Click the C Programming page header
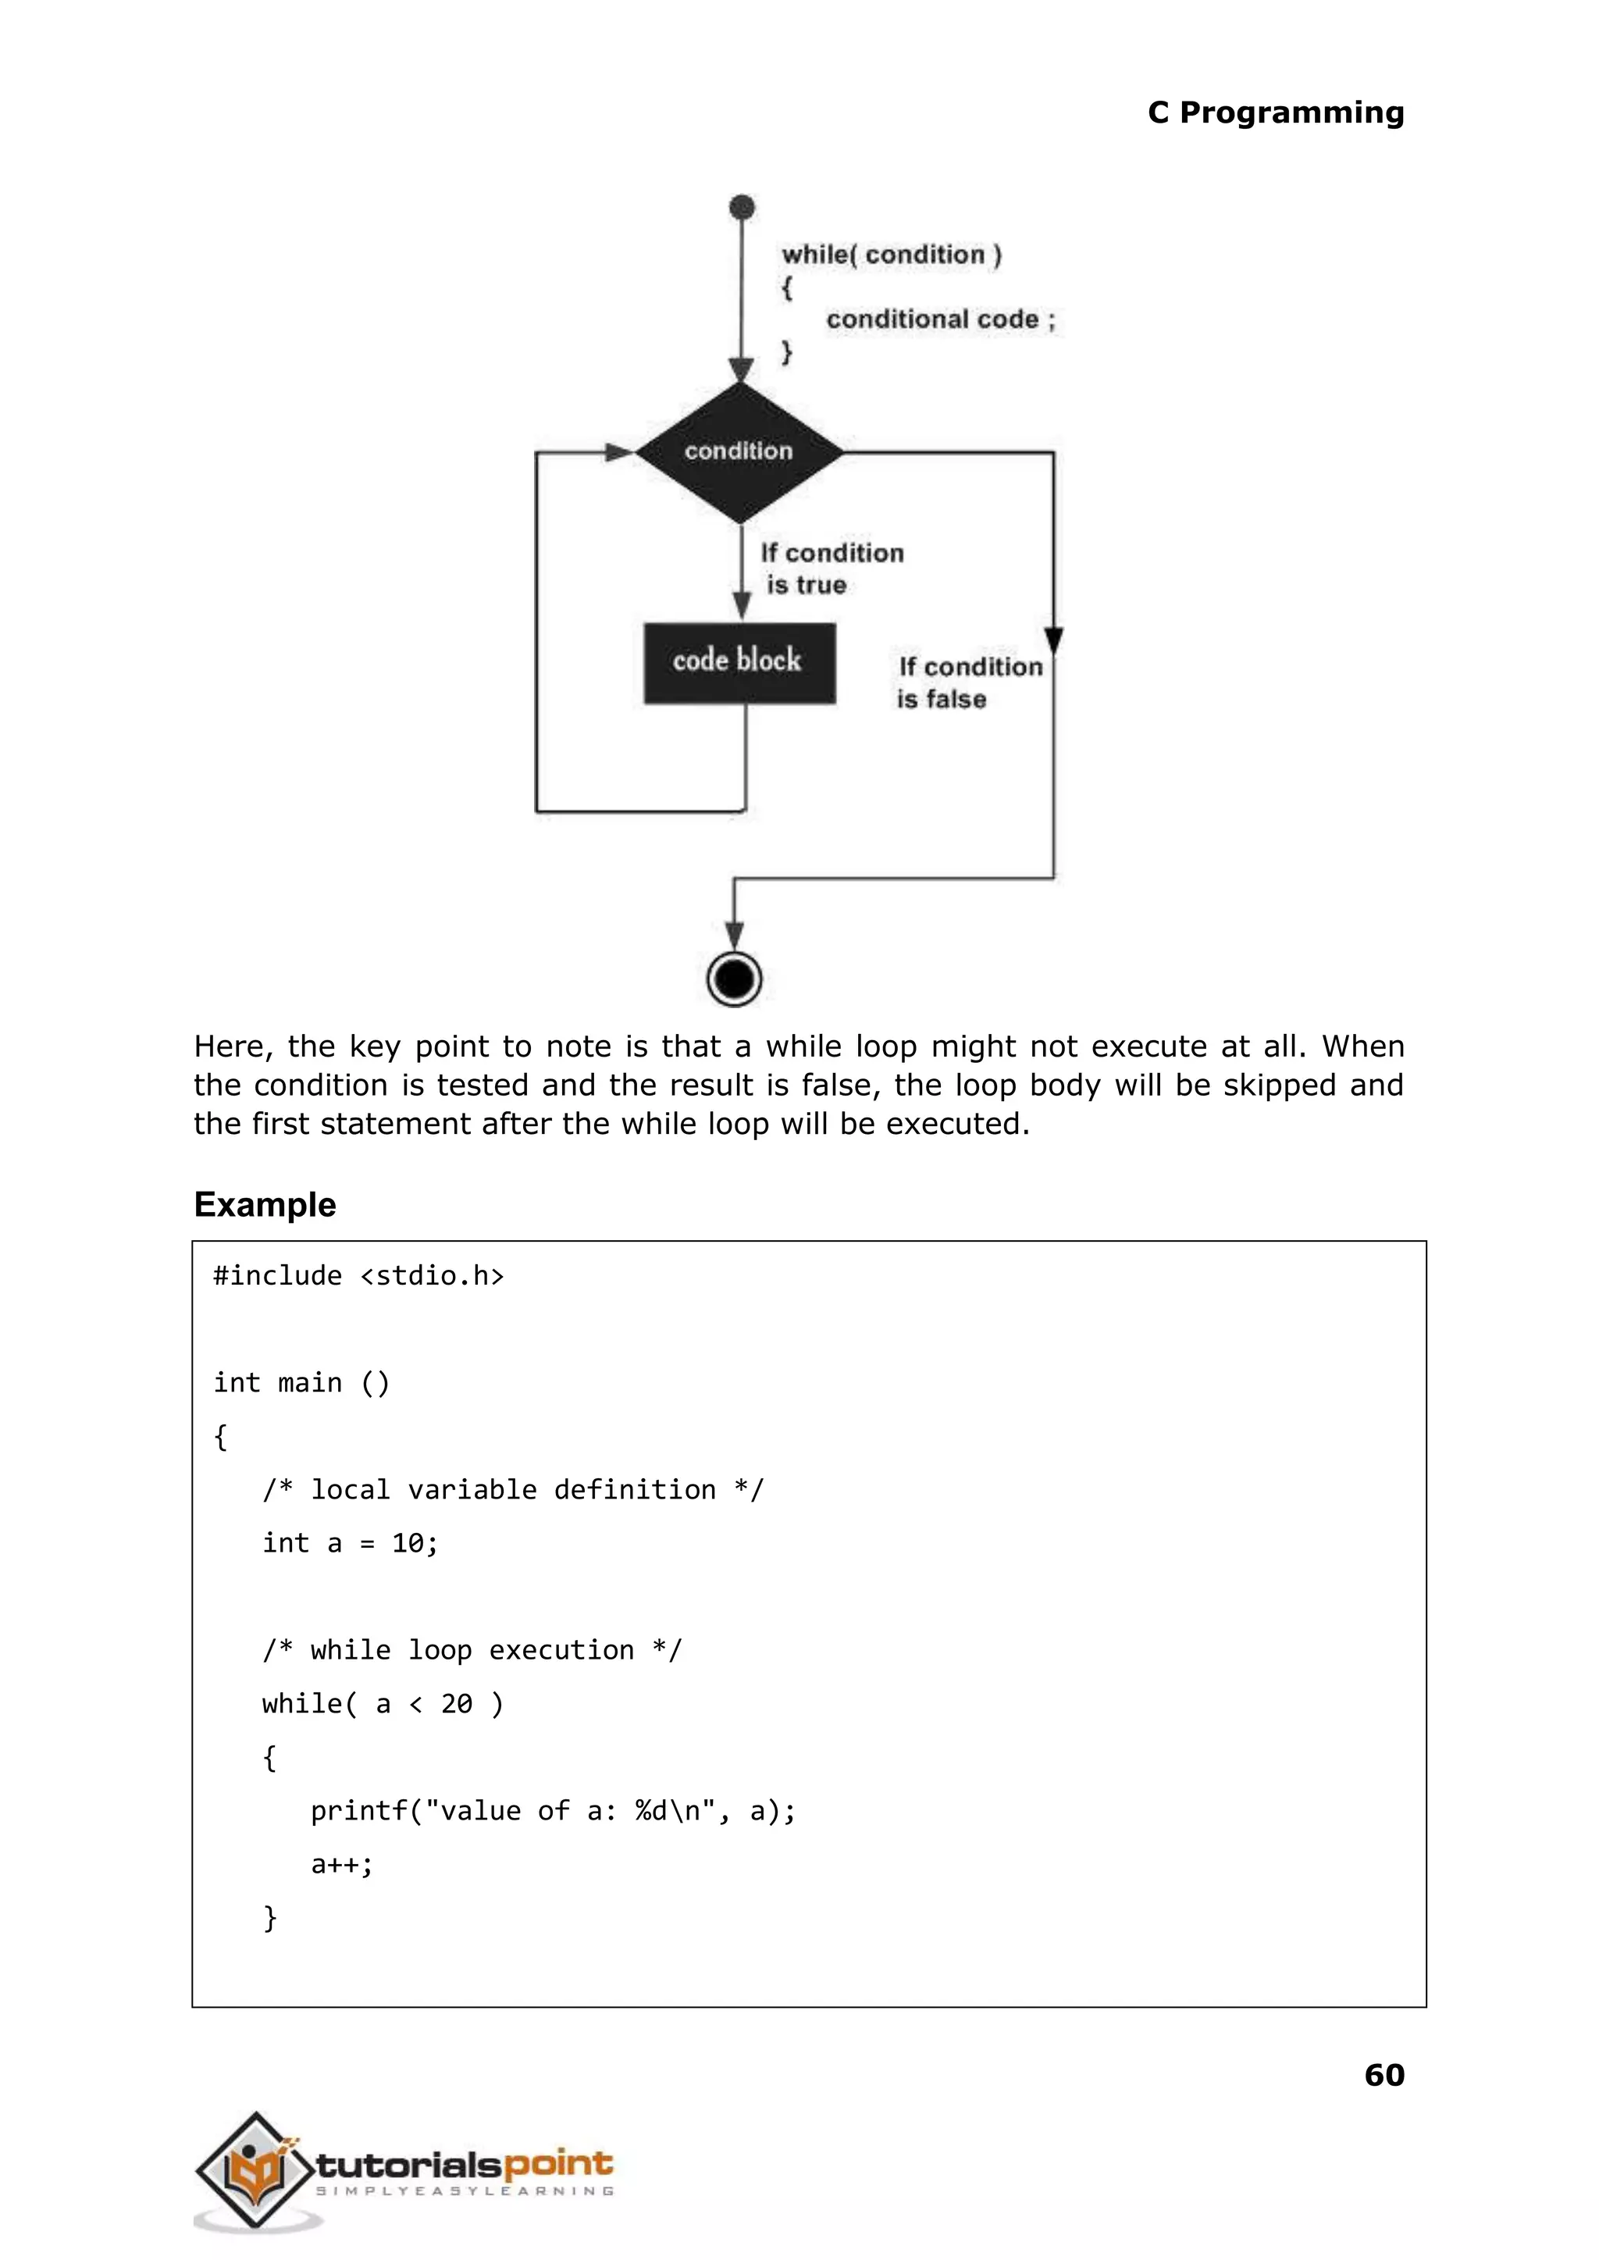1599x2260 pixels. coord(1275,112)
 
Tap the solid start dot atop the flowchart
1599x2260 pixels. coord(742,207)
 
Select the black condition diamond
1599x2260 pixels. coord(739,452)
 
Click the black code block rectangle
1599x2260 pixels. coord(739,661)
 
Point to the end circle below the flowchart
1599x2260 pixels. coord(735,979)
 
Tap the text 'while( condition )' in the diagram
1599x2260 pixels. coord(891,255)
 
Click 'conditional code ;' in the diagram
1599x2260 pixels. coord(939,319)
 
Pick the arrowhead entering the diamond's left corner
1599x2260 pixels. coord(619,452)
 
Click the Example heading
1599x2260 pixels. coord(265,1204)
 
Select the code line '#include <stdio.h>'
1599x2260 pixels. coord(358,1275)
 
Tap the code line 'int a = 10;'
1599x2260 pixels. coord(350,1543)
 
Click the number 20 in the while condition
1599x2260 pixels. coord(456,1704)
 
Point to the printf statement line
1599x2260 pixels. coord(552,1810)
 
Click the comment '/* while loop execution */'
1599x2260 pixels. coord(472,1650)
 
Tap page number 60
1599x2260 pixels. coord(1384,2075)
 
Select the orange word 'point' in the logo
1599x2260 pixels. coord(557,2165)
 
